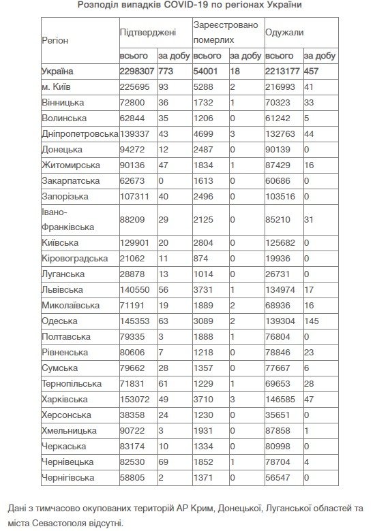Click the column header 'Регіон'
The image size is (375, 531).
coord(55,40)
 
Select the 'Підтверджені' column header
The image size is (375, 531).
coord(147,32)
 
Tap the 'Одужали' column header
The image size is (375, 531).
coord(284,32)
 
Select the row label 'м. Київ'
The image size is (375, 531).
coord(59,86)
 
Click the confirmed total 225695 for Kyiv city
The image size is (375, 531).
coord(135,86)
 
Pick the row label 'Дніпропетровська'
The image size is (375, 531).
coord(78,133)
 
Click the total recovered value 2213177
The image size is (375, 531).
coord(283,71)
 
